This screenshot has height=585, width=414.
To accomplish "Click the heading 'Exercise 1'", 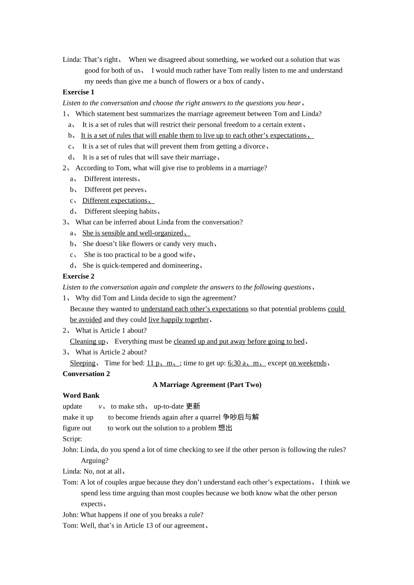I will point(78,92).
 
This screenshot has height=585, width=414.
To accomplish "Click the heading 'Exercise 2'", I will point(78,276).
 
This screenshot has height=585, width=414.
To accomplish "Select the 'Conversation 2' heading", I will point(86,374).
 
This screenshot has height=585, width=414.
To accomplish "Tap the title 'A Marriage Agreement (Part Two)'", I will point(207,385).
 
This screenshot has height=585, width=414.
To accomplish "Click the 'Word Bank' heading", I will point(81,396).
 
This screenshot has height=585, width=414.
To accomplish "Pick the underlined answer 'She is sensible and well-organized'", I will point(133,233).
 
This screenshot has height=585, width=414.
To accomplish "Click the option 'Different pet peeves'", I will point(114,190).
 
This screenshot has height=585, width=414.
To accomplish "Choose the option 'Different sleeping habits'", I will point(121,212).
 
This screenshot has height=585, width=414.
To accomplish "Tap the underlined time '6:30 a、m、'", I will point(246,363).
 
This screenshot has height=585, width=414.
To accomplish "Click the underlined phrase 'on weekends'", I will point(308,363).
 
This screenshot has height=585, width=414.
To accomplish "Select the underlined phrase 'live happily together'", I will point(179,319).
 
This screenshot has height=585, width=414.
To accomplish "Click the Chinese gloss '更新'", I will point(193,407).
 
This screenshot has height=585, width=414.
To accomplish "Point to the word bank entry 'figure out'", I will point(77,428).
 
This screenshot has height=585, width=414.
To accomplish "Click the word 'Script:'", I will point(72,439).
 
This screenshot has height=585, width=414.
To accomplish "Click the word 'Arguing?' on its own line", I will point(95,461).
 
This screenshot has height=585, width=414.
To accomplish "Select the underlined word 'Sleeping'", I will point(83,363).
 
